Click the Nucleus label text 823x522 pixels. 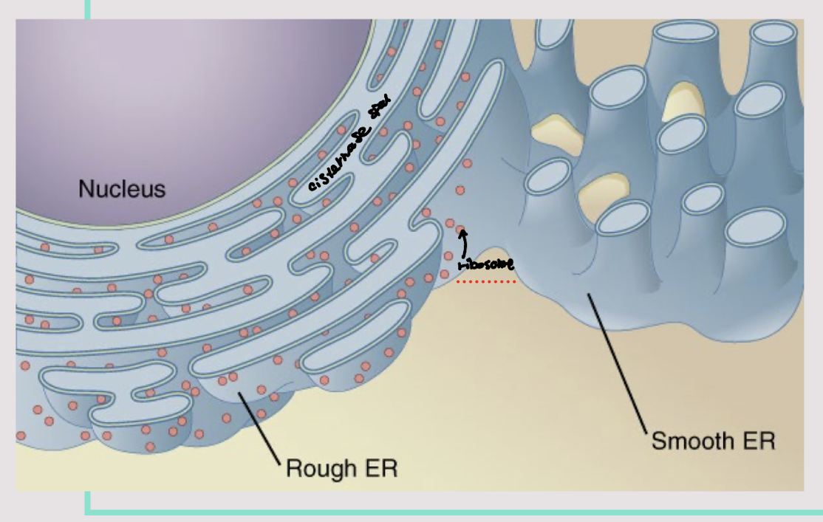point(122,190)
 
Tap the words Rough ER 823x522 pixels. point(341,468)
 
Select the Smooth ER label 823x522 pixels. point(713,442)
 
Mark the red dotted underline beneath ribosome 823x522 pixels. point(485,281)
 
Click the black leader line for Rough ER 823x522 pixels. point(259,429)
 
